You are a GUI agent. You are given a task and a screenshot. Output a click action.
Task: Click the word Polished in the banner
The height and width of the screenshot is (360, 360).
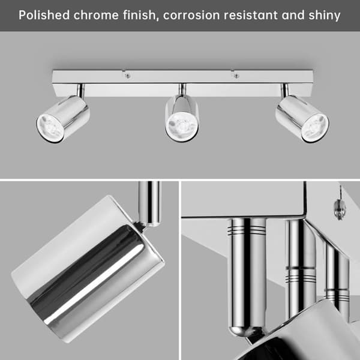(x=44, y=15)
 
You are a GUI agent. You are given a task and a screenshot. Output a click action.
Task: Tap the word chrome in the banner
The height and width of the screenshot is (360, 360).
(x=96, y=15)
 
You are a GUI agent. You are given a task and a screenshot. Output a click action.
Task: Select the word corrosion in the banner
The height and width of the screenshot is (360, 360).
(x=191, y=15)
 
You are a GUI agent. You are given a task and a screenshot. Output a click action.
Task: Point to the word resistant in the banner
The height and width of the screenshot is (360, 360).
(x=251, y=15)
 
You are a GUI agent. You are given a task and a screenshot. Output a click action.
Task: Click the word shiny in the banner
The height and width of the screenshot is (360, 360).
(x=325, y=16)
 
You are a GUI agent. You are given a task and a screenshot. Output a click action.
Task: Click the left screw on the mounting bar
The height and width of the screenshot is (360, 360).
(x=128, y=76)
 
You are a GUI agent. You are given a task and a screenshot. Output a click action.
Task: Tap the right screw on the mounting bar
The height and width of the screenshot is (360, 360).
(x=236, y=76)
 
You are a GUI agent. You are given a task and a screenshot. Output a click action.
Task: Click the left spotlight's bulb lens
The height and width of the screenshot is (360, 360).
(x=50, y=128)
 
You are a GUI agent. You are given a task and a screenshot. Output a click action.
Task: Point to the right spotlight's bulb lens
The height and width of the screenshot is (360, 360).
(x=315, y=128)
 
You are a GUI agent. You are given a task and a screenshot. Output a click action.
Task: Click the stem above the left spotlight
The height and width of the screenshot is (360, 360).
(x=80, y=90)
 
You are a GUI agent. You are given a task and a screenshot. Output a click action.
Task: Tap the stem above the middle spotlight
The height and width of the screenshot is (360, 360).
(x=182, y=89)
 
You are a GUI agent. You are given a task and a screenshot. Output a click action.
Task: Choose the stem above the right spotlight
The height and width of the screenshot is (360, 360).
(x=284, y=90)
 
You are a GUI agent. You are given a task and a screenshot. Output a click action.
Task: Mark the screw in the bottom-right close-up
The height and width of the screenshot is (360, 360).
(x=340, y=209)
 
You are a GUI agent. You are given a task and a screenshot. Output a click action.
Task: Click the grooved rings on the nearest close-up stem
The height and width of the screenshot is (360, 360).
(x=247, y=230)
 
